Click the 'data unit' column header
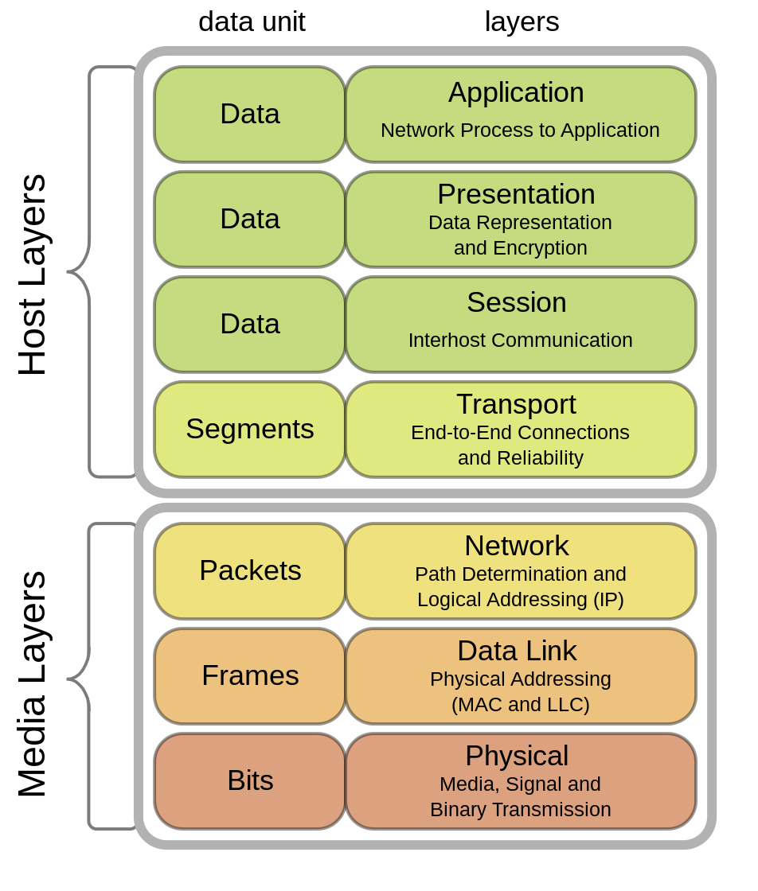click(252, 21)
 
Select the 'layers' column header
click(522, 21)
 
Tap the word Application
click(516, 92)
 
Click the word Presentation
click(516, 194)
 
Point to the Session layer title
click(516, 302)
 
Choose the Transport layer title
click(516, 404)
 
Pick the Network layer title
click(516, 546)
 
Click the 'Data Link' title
click(516, 651)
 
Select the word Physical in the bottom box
click(516, 756)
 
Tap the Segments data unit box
click(250, 429)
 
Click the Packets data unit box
click(250, 570)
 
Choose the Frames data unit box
click(250, 675)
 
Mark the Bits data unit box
click(250, 780)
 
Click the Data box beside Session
click(250, 324)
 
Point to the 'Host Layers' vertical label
click(33, 274)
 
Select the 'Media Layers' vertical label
click(33, 683)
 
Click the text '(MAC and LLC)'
click(520, 705)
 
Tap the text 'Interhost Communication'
click(520, 340)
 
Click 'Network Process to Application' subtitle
click(520, 130)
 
